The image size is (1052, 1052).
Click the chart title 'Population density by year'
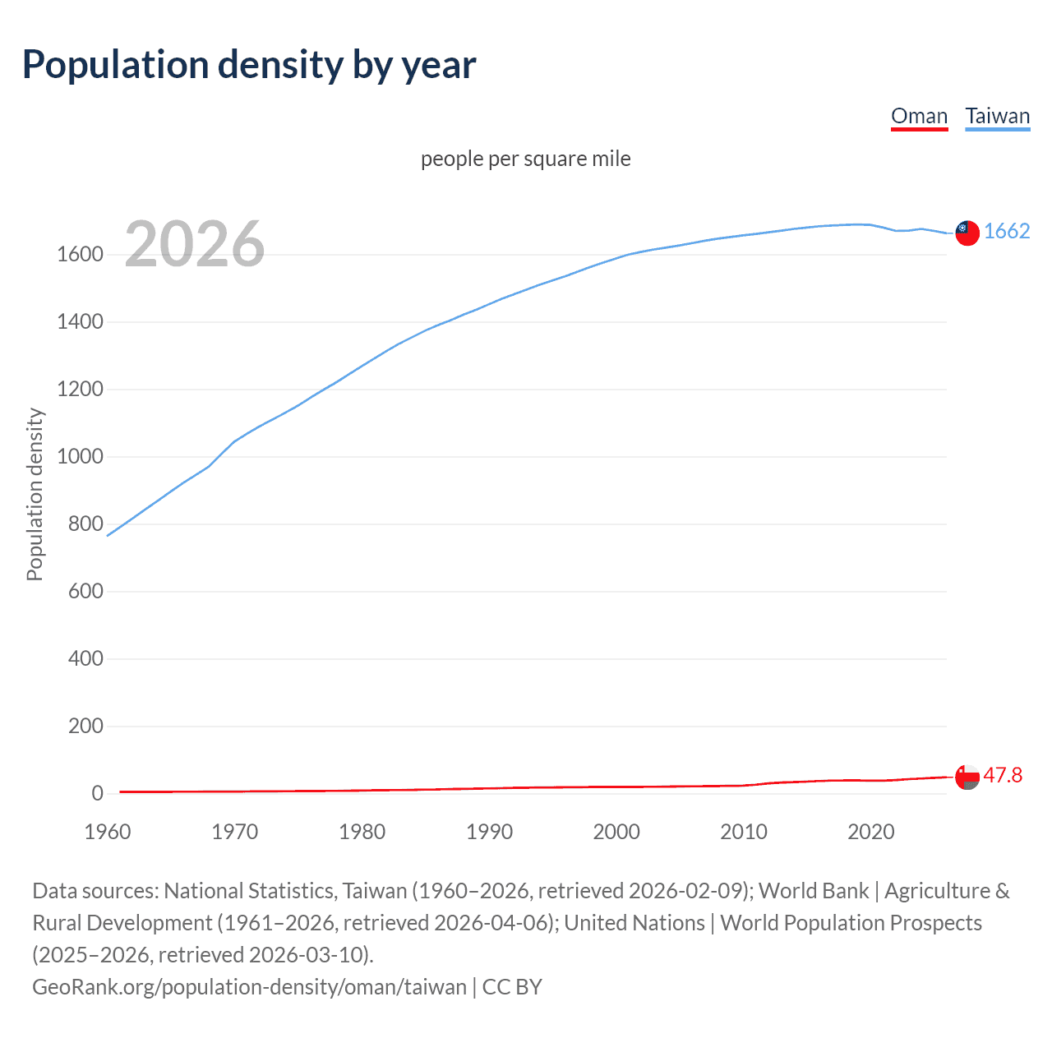click(x=249, y=65)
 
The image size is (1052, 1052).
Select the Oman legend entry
click(x=919, y=116)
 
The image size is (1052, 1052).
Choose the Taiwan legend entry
click(x=997, y=116)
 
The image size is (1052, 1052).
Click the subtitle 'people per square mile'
click(x=525, y=159)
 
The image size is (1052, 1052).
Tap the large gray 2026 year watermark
click(x=195, y=244)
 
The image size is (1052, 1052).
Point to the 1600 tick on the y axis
click(x=80, y=255)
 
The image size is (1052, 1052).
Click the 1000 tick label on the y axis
click(x=80, y=457)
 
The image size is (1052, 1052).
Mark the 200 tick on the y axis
click(x=85, y=727)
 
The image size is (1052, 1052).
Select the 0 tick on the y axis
click(x=97, y=794)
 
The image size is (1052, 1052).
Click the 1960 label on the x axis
click(x=108, y=832)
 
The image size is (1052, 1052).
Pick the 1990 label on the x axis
click(x=489, y=832)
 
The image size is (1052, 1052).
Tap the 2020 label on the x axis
click(x=870, y=832)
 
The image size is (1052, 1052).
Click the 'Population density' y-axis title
click(x=35, y=495)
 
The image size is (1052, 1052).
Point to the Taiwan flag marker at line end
click(x=967, y=233)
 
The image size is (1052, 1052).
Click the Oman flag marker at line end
click(x=967, y=777)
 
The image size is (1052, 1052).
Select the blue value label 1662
click(x=1007, y=232)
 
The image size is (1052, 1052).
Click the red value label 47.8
click(x=1003, y=776)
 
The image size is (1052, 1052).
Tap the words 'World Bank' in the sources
click(x=813, y=891)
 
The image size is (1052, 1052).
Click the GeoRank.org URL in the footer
click(x=249, y=987)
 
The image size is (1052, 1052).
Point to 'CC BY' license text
click(x=512, y=987)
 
